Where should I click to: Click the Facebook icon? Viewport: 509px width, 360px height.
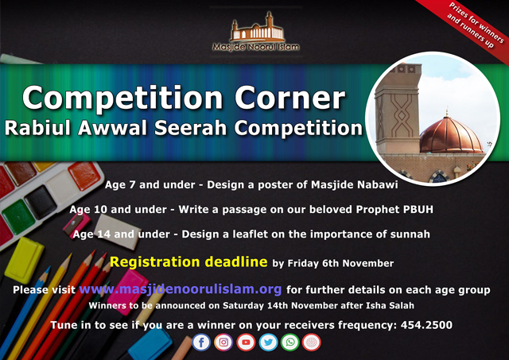tap(201, 343)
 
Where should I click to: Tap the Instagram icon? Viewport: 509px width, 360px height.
tap(223, 343)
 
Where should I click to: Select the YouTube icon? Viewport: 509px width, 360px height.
tap(246, 343)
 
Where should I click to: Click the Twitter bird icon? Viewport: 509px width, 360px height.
tap(268, 343)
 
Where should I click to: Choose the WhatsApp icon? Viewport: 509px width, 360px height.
tap(289, 343)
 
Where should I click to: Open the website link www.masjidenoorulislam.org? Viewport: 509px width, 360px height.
tap(181, 289)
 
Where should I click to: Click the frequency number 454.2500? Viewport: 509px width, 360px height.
tap(426, 325)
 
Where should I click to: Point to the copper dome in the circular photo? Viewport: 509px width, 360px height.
tap(451, 135)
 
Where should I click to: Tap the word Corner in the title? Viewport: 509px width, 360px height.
tap(289, 98)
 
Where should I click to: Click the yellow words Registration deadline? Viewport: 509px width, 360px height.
tap(188, 261)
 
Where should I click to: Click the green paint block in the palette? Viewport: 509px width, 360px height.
tap(19, 216)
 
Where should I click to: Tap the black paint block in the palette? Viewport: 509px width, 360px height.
tap(41, 202)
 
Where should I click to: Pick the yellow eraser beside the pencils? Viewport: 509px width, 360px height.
tap(24, 259)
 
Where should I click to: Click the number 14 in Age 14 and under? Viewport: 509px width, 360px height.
tap(104, 234)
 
